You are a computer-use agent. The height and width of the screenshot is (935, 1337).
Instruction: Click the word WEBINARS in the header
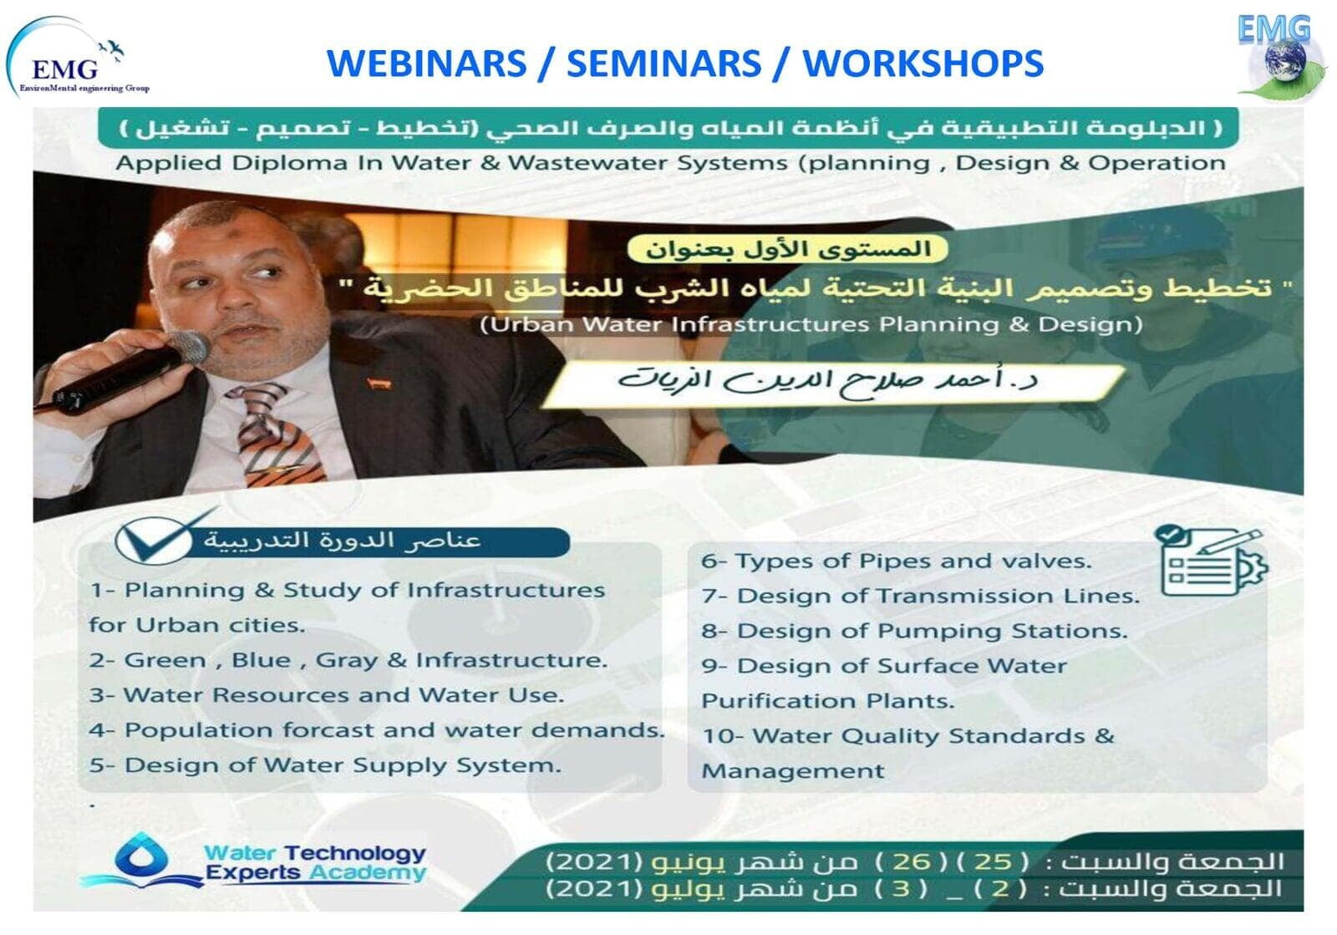point(427,64)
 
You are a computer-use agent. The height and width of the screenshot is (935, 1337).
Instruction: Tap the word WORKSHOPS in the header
point(923,64)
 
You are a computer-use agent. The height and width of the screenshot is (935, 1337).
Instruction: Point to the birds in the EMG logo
point(112,49)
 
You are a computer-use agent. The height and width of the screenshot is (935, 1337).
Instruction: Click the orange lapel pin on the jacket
point(379,384)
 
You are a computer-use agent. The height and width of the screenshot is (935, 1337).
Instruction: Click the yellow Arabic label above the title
point(788,249)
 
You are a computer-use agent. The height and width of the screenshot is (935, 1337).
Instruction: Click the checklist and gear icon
point(1212,561)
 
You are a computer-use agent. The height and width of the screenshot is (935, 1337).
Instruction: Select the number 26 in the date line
point(912,861)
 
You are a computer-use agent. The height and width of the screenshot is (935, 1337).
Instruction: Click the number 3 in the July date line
point(901,888)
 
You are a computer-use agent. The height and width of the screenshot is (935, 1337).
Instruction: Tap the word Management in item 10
point(793,771)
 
